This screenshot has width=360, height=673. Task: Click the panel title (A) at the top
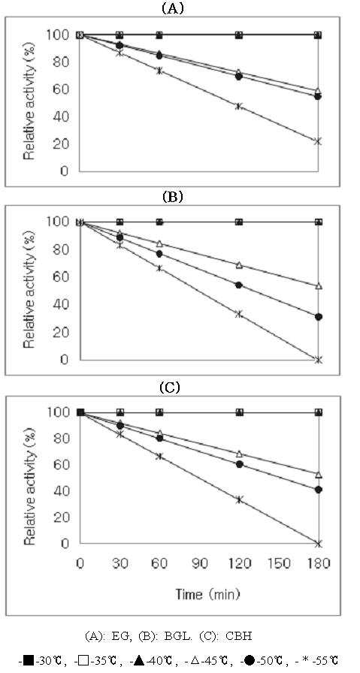pos(172,8)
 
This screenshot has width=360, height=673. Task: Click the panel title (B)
pos(172,197)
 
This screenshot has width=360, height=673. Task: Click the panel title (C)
pos(171,388)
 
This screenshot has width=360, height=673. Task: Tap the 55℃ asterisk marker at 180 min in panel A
pos(318,141)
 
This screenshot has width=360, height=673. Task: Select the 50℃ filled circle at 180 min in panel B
pos(319,317)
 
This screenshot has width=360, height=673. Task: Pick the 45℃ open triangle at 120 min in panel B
pos(239,265)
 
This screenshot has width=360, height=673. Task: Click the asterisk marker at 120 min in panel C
pos(239,499)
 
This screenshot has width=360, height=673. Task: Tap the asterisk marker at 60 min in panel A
pos(159,71)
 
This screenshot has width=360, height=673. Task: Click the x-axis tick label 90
pos(199,563)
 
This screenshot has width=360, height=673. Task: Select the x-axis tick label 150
pos(278,563)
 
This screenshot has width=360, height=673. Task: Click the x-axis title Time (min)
pos(207,594)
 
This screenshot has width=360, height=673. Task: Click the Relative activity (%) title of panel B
pos(29,291)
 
